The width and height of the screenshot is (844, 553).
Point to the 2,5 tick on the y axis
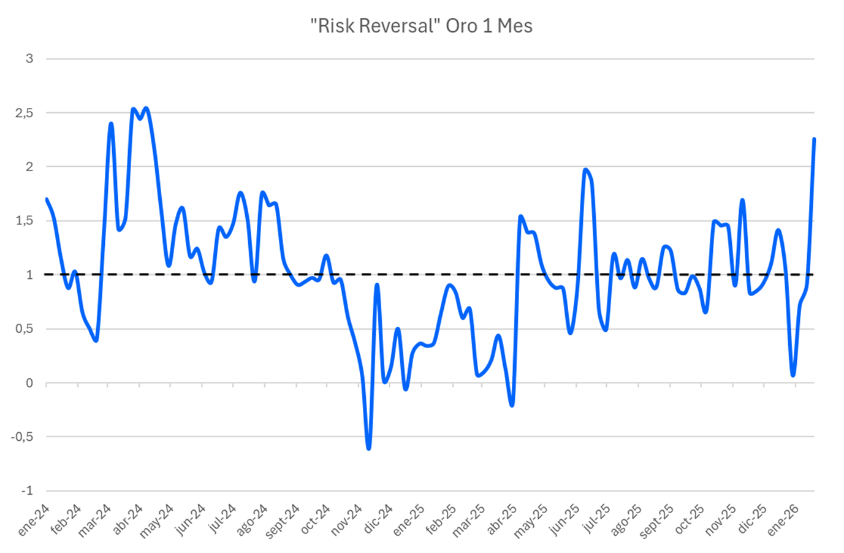point(25,113)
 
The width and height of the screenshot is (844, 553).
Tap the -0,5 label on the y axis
point(23,437)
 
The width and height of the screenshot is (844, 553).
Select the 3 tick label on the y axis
point(29,59)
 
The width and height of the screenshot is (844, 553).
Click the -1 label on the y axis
point(26,491)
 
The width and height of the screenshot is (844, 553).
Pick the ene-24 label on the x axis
point(34,521)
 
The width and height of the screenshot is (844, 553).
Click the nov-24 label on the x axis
point(346,521)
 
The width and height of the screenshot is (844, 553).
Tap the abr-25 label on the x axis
point(502,521)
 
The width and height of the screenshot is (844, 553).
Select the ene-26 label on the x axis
point(783,521)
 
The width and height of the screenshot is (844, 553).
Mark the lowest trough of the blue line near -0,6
point(368,448)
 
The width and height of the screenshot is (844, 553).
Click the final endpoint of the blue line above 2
point(814,139)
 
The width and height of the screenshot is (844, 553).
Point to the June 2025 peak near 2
point(585,170)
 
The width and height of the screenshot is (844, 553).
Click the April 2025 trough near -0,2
point(512,405)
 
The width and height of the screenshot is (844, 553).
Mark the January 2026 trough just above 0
point(793,375)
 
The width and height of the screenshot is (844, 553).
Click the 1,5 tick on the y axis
point(25,221)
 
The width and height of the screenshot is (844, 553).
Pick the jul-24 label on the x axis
point(222,521)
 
